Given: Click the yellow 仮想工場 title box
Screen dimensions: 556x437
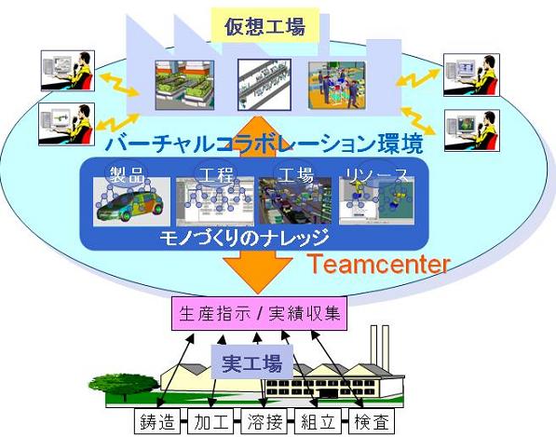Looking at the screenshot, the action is pos(265,26).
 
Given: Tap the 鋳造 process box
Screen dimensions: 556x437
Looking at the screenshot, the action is pos(157,421).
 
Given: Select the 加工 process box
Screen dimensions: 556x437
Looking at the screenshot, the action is pos(210,421).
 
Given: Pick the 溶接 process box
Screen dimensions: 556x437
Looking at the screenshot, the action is pos(264,421).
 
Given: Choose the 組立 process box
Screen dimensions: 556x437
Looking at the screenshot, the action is pos(318,421).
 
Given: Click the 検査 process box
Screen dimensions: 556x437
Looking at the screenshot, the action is pos(372,421).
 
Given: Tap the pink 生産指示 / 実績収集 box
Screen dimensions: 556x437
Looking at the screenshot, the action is pos(259,314).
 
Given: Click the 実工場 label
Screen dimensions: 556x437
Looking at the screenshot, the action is pos(252,362).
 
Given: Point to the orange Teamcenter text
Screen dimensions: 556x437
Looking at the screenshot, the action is pos(379,265).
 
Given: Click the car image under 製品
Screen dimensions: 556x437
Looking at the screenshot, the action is pos(131,201).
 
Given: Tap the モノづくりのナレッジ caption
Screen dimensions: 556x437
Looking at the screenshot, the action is pos(244,238).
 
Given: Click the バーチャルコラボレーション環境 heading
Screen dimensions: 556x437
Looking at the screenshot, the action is pos(264,143).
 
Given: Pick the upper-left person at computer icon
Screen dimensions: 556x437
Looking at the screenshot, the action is pos(68,71).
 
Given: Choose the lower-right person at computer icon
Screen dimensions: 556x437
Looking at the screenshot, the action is pos(472,130).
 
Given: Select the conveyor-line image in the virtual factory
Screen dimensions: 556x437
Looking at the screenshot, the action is pos(264,85).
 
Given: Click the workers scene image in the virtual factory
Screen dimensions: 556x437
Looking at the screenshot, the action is pos(336,85).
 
